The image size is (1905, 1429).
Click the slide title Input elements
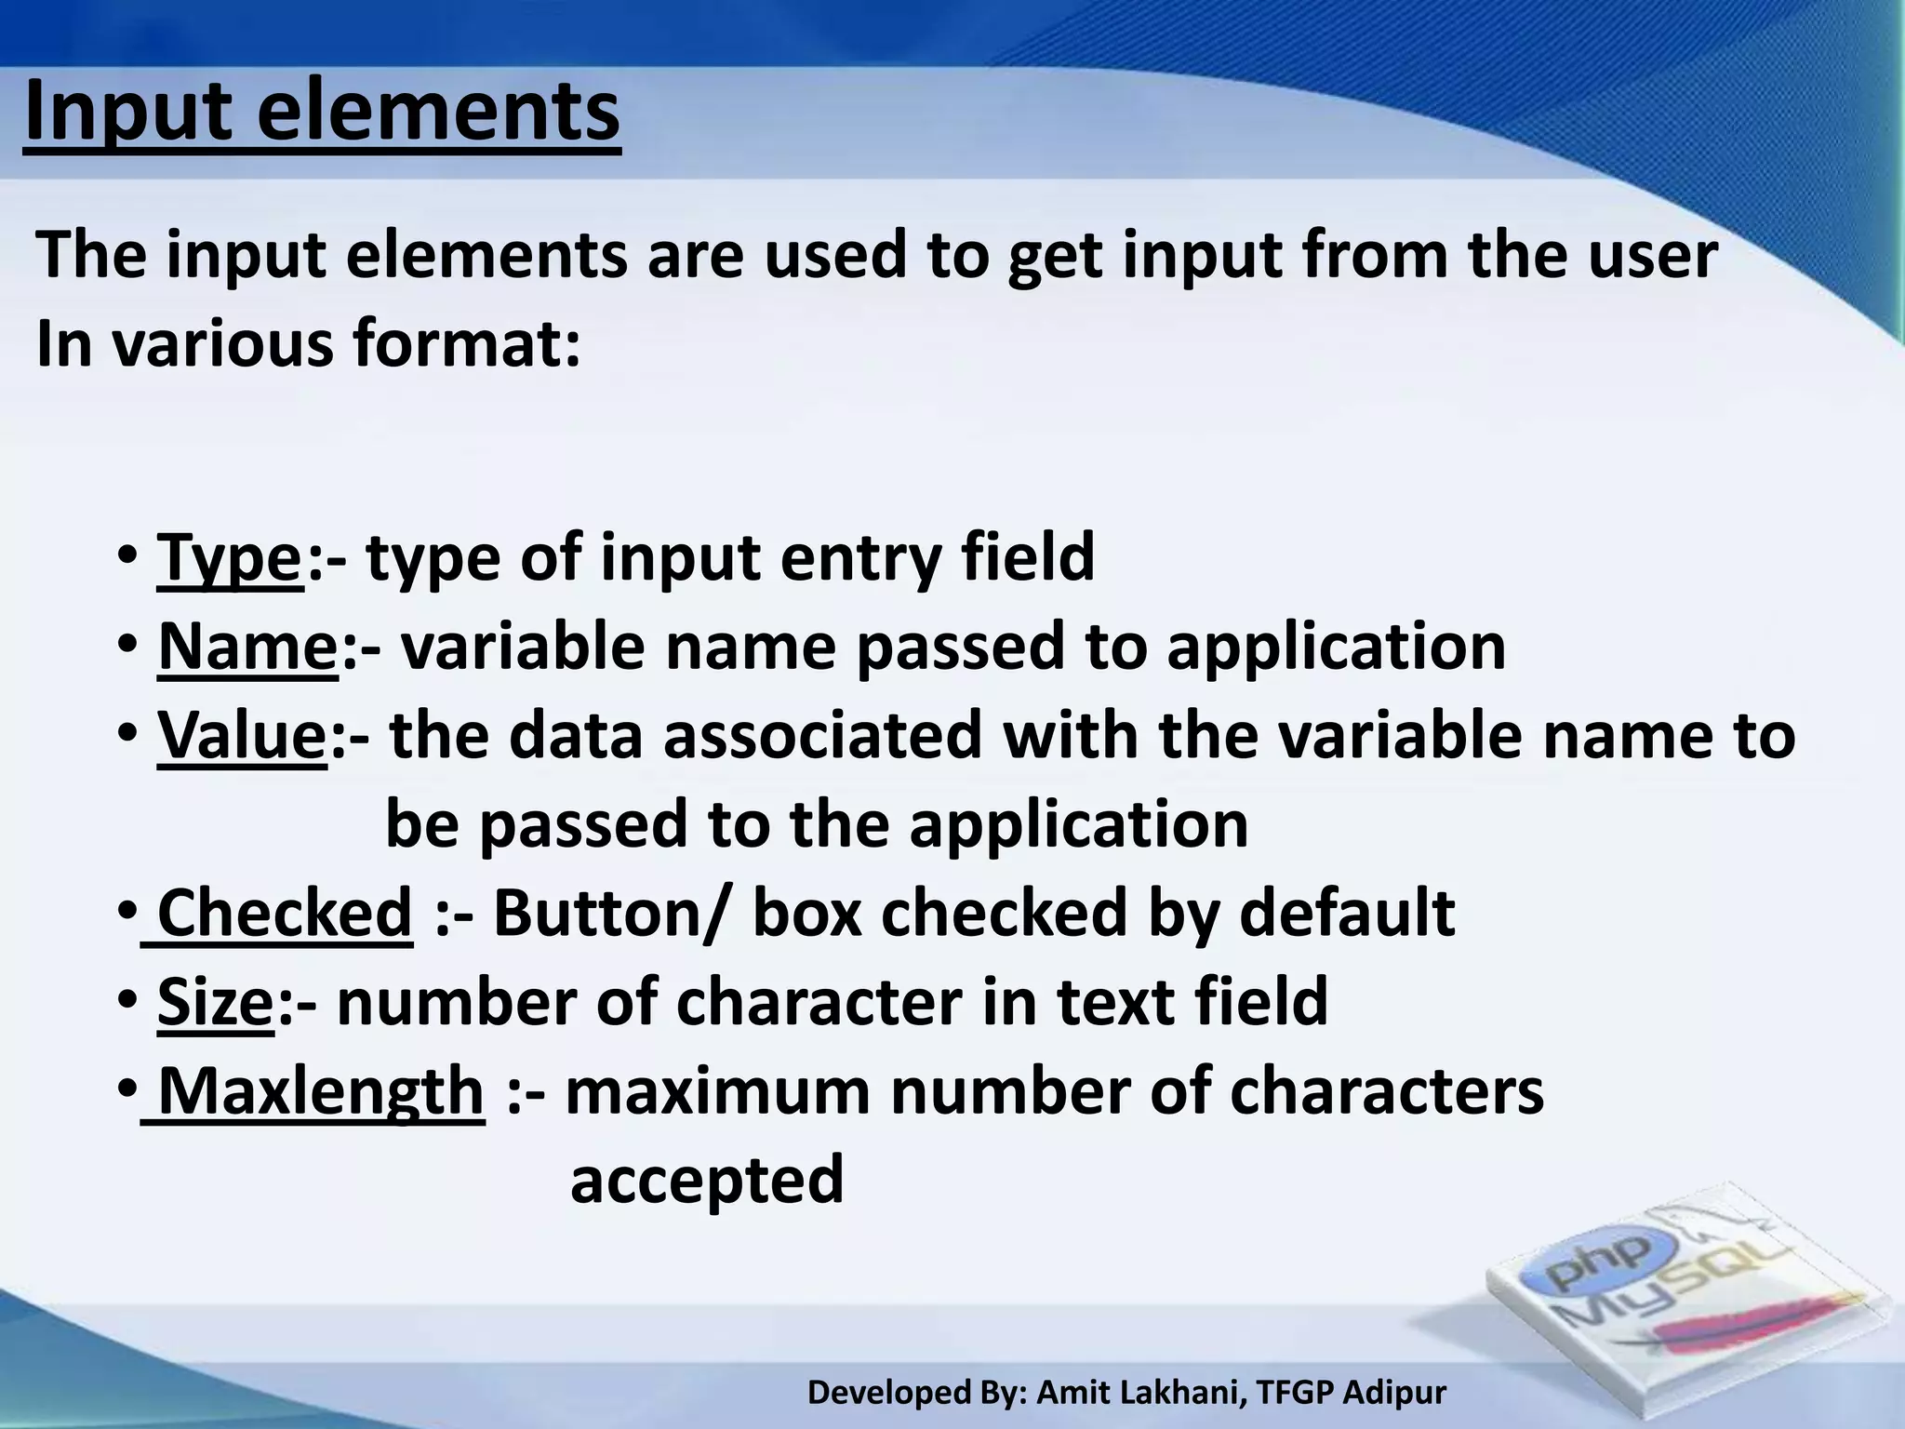click(x=322, y=114)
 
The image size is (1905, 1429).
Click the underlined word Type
click(x=230, y=558)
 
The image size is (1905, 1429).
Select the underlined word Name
click(x=247, y=647)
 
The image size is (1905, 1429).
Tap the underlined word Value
click(x=242, y=735)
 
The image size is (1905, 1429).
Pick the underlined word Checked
click(x=284, y=913)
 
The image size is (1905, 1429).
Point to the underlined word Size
click(x=215, y=1002)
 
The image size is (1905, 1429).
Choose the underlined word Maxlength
click(x=321, y=1090)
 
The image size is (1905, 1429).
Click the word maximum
click(x=717, y=1090)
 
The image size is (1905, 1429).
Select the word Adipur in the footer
click(x=1395, y=1393)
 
